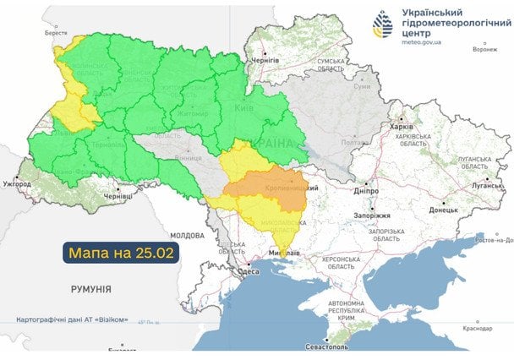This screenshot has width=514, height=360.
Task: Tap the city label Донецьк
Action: (443, 209)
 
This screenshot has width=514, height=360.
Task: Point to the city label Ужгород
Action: (17, 182)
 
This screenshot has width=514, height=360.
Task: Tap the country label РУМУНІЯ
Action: (90, 289)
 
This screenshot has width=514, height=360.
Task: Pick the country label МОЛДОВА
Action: (187, 235)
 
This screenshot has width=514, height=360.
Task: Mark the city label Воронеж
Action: (485, 49)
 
